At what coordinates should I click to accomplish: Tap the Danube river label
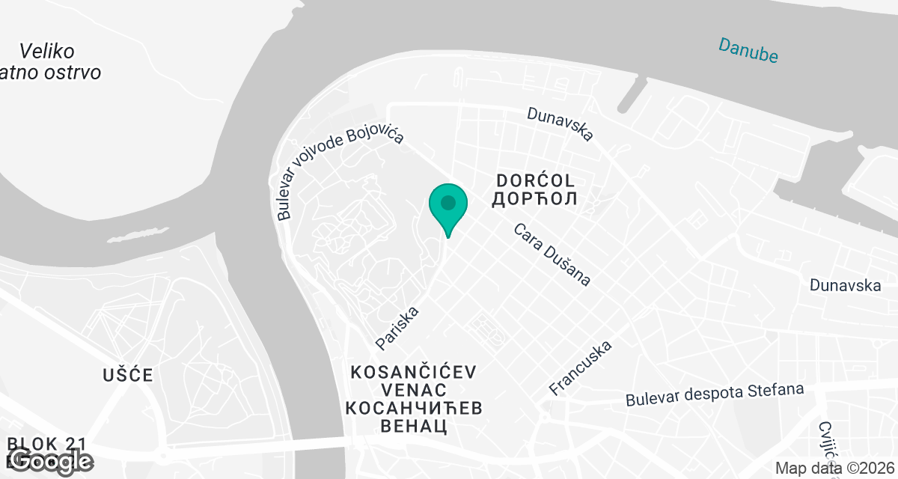(748, 49)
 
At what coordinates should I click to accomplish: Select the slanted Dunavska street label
(560, 123)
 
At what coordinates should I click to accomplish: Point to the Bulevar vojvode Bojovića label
(340, 174)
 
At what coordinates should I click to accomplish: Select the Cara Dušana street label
(552, 254)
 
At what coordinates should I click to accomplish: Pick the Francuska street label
(580, 367)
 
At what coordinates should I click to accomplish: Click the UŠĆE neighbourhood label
(128, 375)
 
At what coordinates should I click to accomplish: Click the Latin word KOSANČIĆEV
(414, 372)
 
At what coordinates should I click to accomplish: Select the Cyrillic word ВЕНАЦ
(414, 427)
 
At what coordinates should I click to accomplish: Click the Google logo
(51, 461)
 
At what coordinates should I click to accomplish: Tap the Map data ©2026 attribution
(834, 469)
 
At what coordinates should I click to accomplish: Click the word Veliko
(46, 52)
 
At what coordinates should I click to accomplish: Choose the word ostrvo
(73, 73)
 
